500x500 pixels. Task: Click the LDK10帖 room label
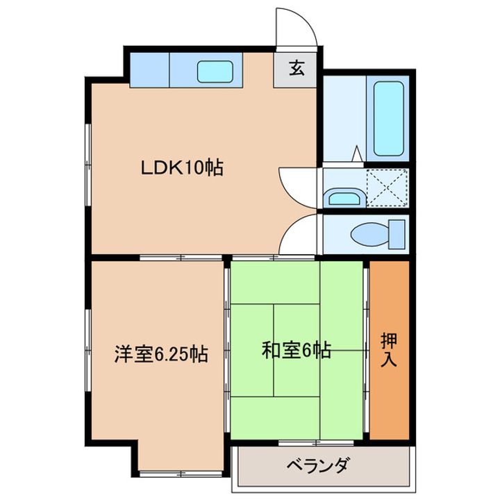click(182, 167)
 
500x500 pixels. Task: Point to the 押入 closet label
click(389, 349)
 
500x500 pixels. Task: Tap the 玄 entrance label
click(297, 69)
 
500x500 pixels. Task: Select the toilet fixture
click(378, 233)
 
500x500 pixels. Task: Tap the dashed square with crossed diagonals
click(387, 187)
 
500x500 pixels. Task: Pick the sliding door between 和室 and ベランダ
click(299, 442)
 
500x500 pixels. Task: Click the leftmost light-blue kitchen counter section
click(149, 71)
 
